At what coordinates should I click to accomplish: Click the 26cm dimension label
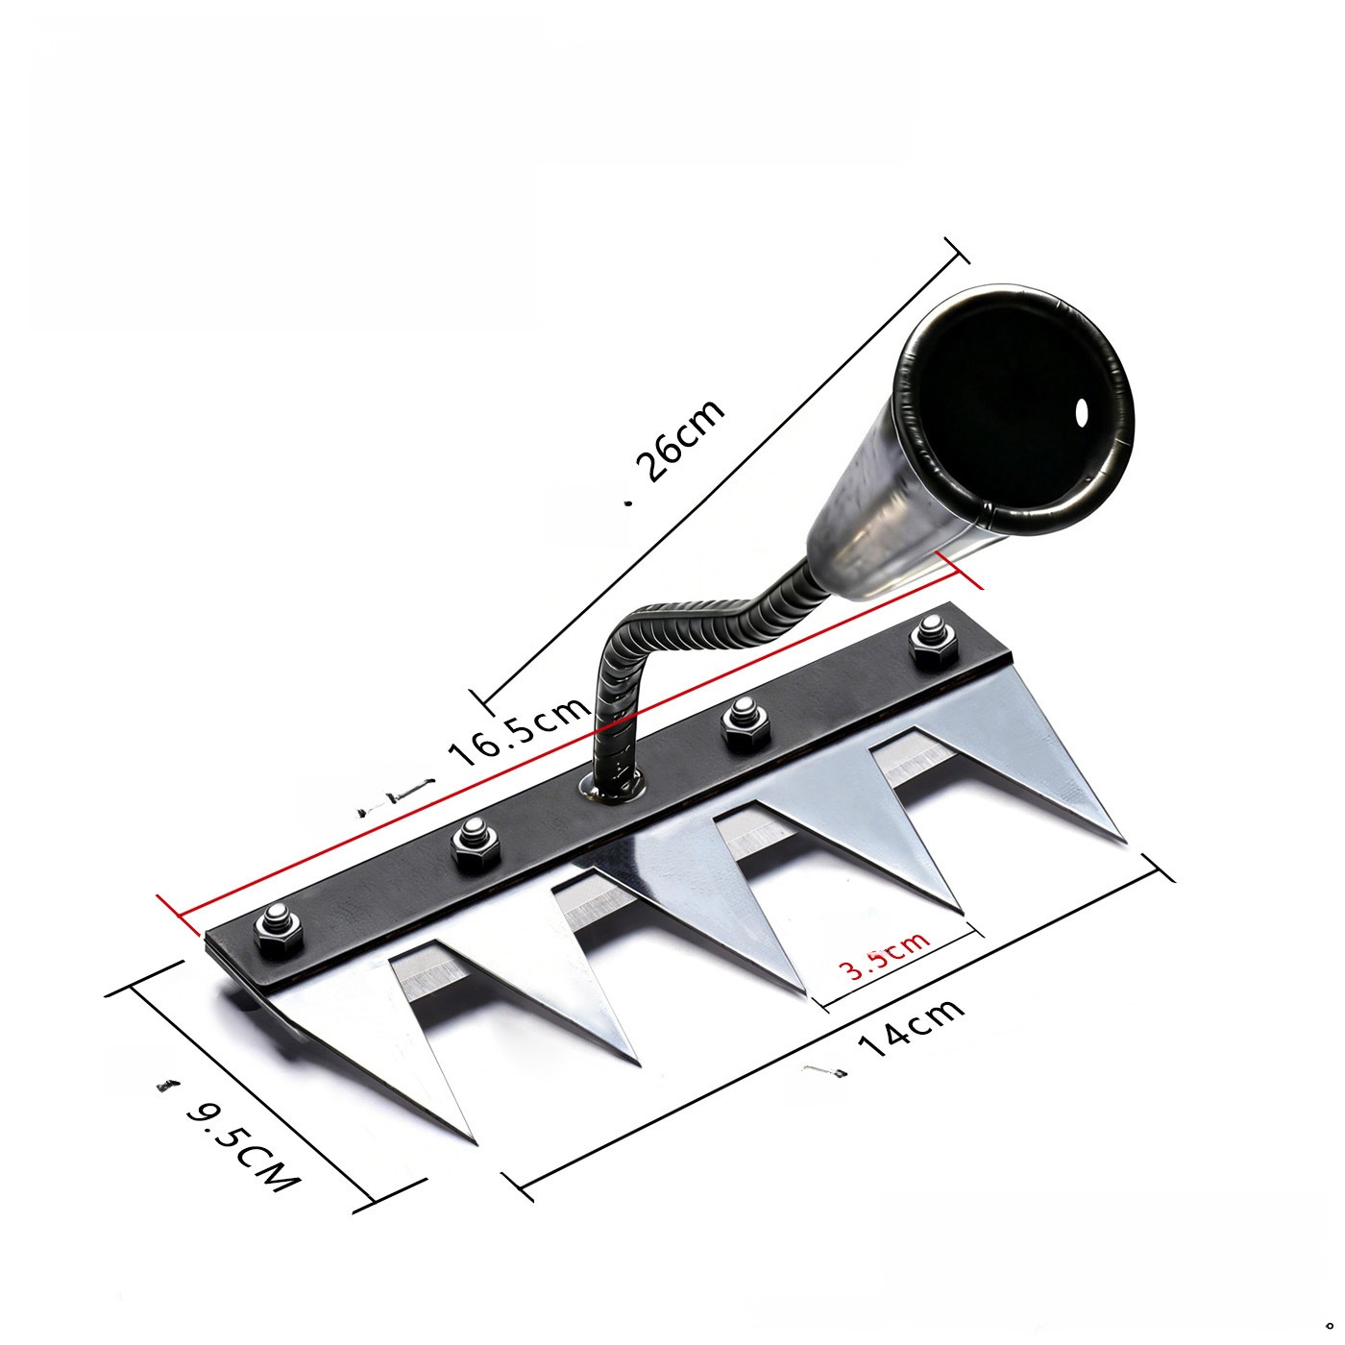[x=681, y=440]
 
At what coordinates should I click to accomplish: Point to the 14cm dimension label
[x=911, y=1030]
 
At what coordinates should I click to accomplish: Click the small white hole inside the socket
[x=1083, y=413]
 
